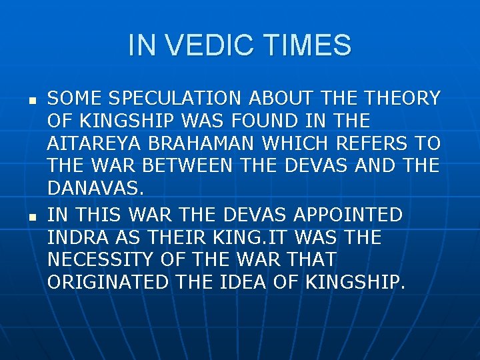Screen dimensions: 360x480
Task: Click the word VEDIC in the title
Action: coord(207,45)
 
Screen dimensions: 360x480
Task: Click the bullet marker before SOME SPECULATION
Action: coord(31,101)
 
